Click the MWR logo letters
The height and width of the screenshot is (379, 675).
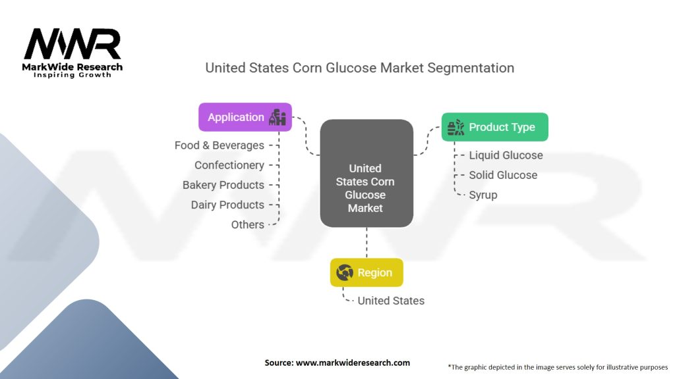click(73, 44)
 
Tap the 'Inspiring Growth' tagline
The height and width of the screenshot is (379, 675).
click(73, 75)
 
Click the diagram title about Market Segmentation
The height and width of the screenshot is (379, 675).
click(359, 68)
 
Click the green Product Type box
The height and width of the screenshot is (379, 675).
click(494, 127)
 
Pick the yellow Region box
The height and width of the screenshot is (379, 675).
click(366, 272)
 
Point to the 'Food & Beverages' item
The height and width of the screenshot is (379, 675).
click(219, 145)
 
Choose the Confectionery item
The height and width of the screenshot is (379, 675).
click(229, 165)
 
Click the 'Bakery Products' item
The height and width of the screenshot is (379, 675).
click(223, 185)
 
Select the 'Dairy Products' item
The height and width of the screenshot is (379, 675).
click(227, 205)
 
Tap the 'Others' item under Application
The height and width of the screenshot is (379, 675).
click(247, 224)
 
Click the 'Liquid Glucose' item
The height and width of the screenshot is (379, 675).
click(506, 155)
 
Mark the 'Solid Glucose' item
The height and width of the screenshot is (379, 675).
click(503, 175)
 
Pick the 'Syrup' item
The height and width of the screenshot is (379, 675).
click(483, 195)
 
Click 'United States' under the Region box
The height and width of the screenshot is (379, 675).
click(391, 301)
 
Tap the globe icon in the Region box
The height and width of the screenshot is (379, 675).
click(344, 272)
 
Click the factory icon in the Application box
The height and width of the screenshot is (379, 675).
click(277, 117)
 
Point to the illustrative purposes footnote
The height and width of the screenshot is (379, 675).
click(558, 366)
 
